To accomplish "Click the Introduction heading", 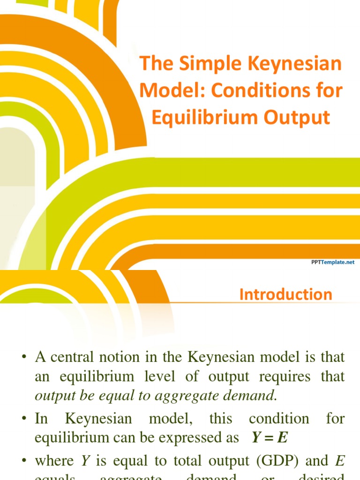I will click(x=285, y=294).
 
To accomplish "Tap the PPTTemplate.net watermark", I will click(x=333, y=263).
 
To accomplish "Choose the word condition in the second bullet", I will click(x=279, y=418).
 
